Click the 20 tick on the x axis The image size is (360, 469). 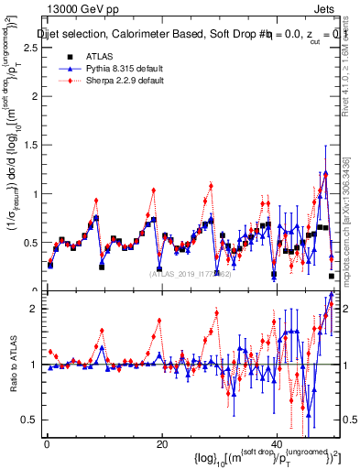161,444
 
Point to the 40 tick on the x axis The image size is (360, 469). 277,444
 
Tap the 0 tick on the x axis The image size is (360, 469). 46,444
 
